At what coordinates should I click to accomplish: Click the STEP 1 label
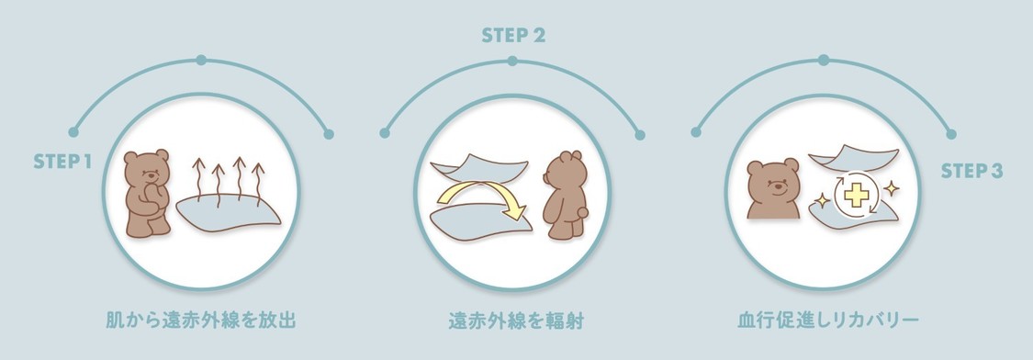[x=62, y=161]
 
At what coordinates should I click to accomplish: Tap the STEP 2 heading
[x=513, y=36]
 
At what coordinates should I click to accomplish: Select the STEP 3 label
[x=971, y=171]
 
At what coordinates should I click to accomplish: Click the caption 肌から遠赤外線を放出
[x=201, y=321]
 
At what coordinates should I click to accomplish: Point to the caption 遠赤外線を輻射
[x=516, y=321]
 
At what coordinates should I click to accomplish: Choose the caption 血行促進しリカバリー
[x=827, y=321]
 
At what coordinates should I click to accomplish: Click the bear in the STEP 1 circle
[x=148, y=193]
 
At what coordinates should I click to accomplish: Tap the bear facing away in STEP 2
[x=565, y=196]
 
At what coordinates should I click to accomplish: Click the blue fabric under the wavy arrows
[x=228, y=211]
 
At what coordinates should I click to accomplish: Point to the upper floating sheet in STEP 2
[x=479, y=166]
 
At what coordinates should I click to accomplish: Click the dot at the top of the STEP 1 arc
[x=201, y=60]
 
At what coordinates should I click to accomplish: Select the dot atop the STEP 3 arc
[x=824, y=60]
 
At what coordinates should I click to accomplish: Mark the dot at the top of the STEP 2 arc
[x=511, y=61]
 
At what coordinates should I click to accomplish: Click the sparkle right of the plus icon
[x=891, y=189]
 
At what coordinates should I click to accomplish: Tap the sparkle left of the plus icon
[x=822, y=200]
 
